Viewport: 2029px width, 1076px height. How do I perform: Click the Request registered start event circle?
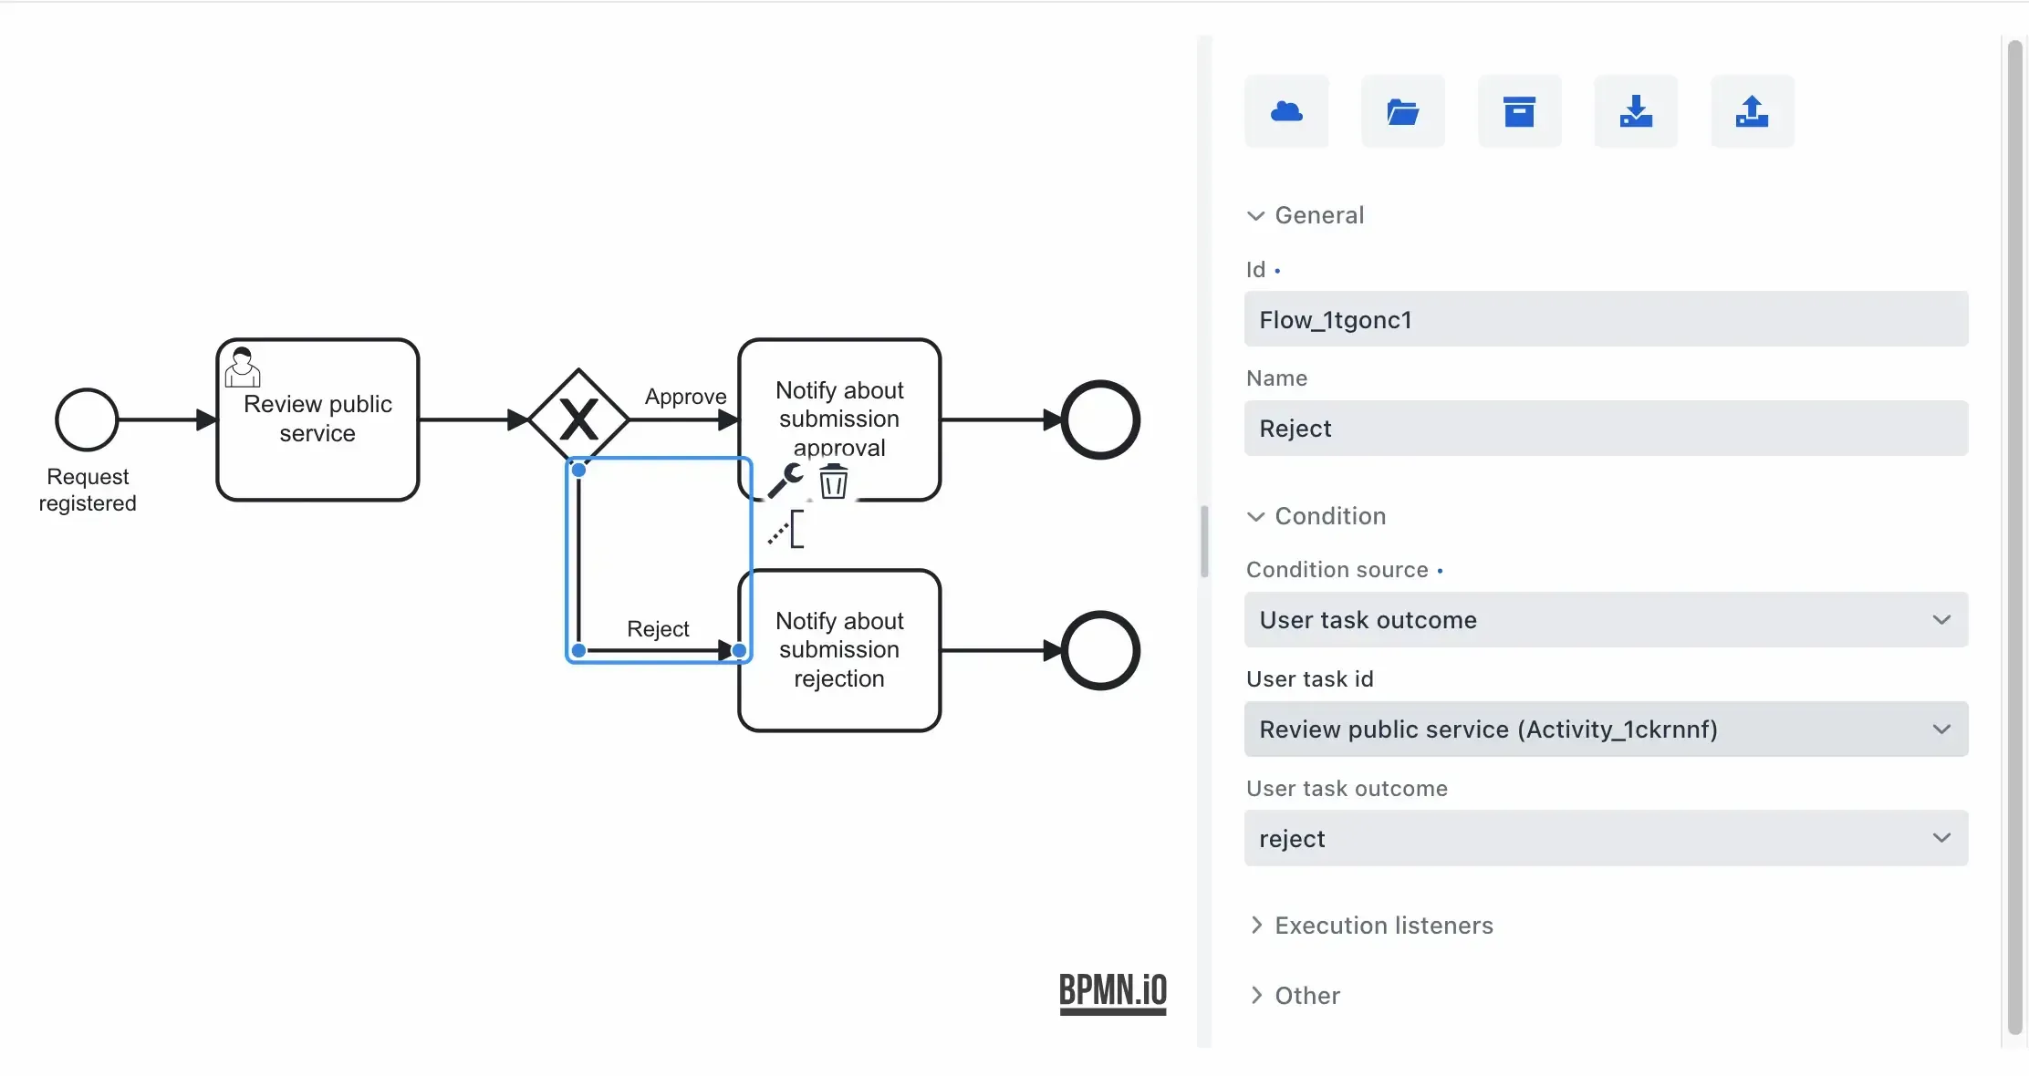pyautogui.click(x=87, y=419)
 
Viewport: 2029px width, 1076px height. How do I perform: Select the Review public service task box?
pyautogui.click(x=317, y=419)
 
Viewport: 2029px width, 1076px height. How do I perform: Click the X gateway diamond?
pyautogui.click(x=578, y=419)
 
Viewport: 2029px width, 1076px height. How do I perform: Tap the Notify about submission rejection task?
pyautogui.click(x=838, y=650)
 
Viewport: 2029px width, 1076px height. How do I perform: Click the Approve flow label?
pyautogui.click(x=685, y=397)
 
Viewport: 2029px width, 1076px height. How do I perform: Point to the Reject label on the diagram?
pyautogui.click(x=658, y=629)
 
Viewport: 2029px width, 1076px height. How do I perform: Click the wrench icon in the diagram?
pyautogui.click(x=785, y=480)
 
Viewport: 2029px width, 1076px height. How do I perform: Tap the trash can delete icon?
pyautogui.click(x=833, y=481)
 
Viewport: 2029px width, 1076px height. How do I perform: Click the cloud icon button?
pyautogui.click(x=1286, y=111)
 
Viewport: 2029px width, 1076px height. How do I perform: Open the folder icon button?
pyautogui.click(x=1402, y=111)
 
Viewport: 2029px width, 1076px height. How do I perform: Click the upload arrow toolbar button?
pyautogui.click(x=1752, y=111)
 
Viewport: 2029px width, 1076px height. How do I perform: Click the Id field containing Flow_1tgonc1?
pyautogui.click(x=1606, y=319)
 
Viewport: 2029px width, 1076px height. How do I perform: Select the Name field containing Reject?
pyautogui.click(x=1606, y=429)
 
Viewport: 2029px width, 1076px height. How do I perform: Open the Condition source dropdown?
pyautogui.click(x=1606, y=620)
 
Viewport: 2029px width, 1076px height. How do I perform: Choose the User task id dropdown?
pyautogui.click(x=1606, y=729)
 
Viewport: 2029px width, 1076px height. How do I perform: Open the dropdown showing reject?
pyautogui.click(x=1606, y=839)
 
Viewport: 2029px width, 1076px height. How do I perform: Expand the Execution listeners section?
pyautogui.click(x=1383, y=926)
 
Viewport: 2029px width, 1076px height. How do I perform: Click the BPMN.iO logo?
pyautogui.click(x=1112, y=992)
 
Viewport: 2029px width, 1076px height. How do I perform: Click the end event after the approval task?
pyautogui.click(x=1100, y=419)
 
